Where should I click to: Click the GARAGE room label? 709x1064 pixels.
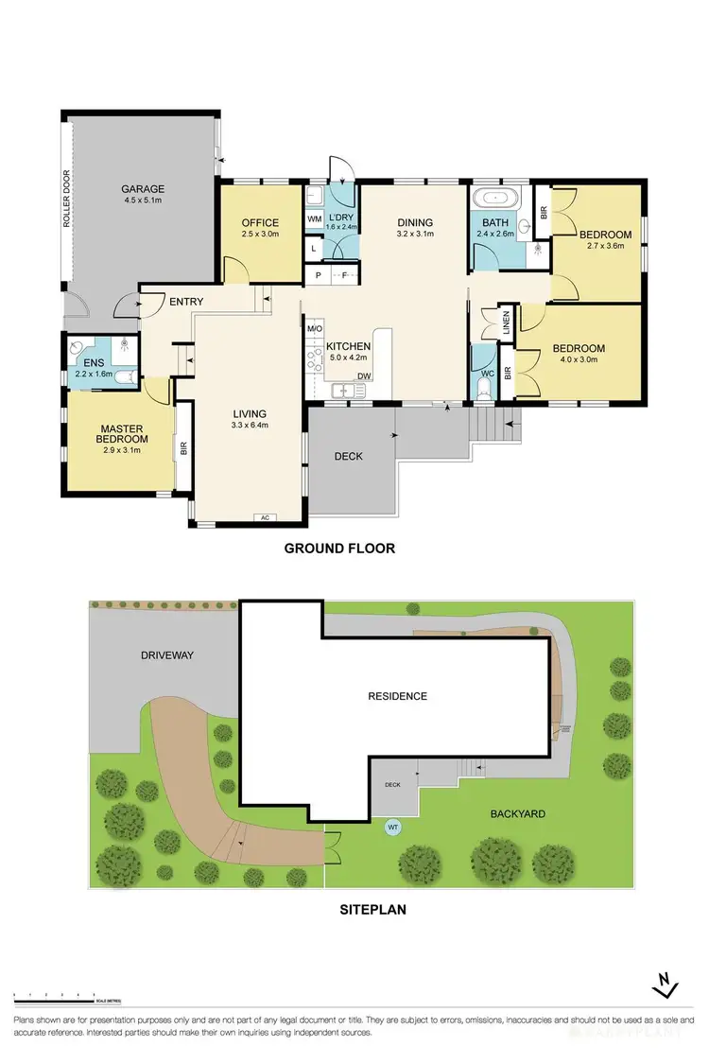point(142,189)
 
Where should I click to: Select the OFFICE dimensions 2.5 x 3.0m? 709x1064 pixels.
point(260,234)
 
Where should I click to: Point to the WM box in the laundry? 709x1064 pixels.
point(314,218)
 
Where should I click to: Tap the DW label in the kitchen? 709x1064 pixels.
point(363,375)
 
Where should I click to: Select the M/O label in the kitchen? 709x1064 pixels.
point(315,329)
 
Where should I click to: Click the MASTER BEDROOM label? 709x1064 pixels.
point(123,434)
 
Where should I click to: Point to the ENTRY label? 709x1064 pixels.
point(186,302)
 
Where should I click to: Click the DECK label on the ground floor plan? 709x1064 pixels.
point(349,456)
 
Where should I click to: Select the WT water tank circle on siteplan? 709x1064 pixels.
point(391,827)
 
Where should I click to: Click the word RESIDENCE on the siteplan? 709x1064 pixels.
point(397,696)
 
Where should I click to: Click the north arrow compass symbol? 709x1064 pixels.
point(666,986)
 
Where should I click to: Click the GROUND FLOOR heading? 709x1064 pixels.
point(339,549)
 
